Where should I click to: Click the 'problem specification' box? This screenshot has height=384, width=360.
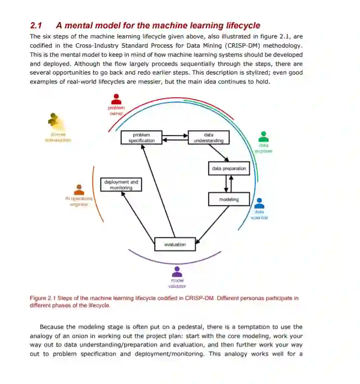pos(141,138)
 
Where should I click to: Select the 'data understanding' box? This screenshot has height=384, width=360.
pos(208,138)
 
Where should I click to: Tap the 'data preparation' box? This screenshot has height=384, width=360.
pos(229,169)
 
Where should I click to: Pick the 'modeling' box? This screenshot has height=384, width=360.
pos(229,199)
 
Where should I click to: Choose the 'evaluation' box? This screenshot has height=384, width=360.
pos(175,245)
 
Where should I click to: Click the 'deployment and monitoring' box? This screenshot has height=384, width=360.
pos(121,185)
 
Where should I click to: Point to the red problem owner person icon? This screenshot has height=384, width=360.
pos(116,99)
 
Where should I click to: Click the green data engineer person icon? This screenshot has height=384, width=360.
pos(263,136)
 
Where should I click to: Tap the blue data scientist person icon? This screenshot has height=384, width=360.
pos(259,203)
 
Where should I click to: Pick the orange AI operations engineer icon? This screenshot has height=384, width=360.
pos(79,189)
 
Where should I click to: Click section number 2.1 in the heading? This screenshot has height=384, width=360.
pos(37,25)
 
